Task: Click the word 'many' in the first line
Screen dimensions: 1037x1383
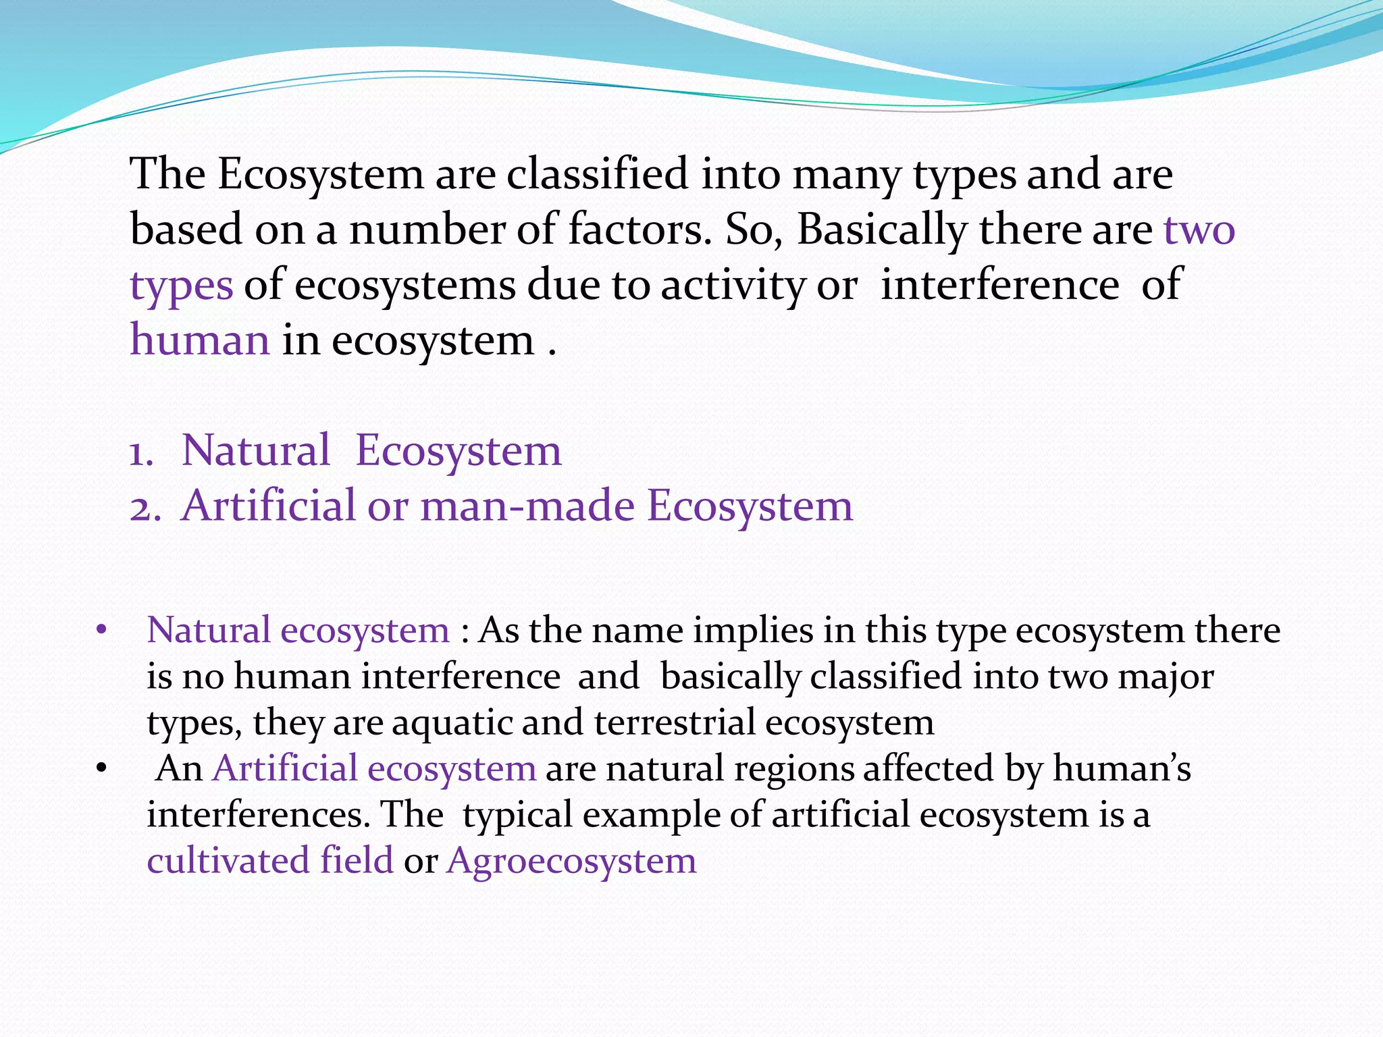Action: pos(846,175)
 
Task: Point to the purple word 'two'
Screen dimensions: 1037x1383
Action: pos(1199,230)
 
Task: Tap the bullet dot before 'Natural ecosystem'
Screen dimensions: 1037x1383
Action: pos(101,631)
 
